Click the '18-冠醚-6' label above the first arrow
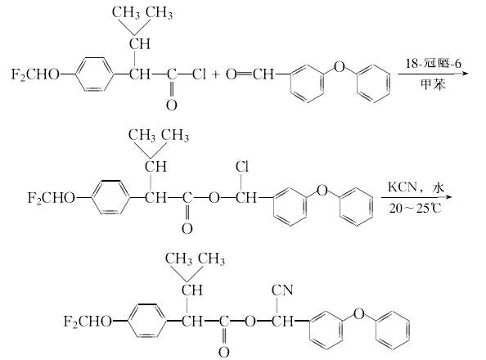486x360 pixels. pos(434,64)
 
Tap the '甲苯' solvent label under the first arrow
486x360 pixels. pos(433,84)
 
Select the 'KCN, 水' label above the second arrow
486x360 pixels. pos(416,187)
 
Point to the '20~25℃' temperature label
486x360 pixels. pos(416,209)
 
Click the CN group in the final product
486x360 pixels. pos(282,290)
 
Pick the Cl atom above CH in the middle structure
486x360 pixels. pos(242,167)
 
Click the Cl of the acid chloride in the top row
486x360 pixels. pos(199,74)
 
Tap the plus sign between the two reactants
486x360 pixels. pos(216,74)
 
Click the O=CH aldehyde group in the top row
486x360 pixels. pos(250,74)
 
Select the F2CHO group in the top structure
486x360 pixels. pos(35,74)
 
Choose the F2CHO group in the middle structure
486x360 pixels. pos(52,198)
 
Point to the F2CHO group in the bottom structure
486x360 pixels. pos(88,322)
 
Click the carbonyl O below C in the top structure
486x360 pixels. pos(171,105)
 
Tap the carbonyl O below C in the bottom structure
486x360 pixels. pos(224,353)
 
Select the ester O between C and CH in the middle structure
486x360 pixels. pos(214,198)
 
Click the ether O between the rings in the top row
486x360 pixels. pos(340,66)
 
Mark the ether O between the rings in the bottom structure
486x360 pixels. pos(358,314)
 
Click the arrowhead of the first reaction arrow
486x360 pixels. pos(464,74)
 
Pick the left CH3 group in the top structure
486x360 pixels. pos(126,13)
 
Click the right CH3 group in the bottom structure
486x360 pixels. pos(211,259)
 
